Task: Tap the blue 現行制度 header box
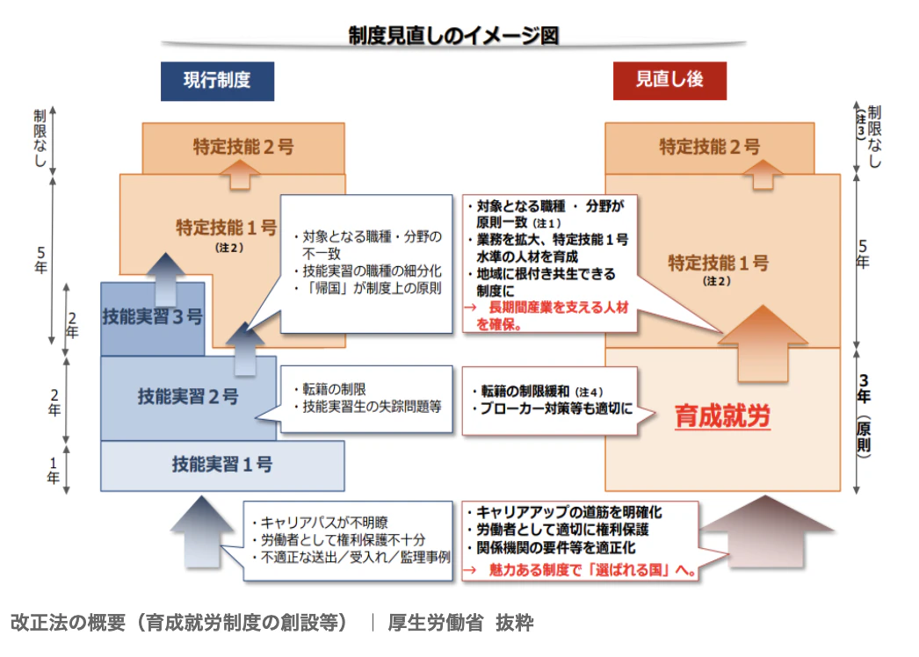click(x=217, y=80)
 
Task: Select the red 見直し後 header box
click(x=669, y=80)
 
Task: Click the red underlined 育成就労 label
click(x=722, y=416)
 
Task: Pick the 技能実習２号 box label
click(x=188, y=396)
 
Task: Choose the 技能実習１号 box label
click(x=221, y=465)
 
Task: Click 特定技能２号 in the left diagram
click(x=243, y=147)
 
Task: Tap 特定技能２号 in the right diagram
click(x=710, y=147)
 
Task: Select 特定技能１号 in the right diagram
click(x=718, y=263)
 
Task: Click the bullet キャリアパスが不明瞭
click(x=313, y=520)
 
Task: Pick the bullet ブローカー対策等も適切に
click(x=552, y=408)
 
